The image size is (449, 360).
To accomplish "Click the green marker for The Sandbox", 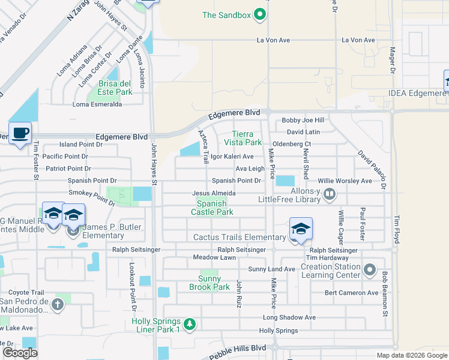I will [x=260, y=15].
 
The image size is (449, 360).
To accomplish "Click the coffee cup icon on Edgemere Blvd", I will [x=20, y=133].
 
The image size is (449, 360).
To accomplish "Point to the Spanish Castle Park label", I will [x=212, y=208].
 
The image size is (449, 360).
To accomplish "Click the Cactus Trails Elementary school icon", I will [x=301, y=229].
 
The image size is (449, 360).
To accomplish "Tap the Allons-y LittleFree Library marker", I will [x=329, y=193].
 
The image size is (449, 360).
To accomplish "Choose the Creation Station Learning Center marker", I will [x=370, y=269].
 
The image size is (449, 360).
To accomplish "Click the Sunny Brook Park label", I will [x=214, y=283].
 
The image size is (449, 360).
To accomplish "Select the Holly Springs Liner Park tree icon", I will [x=190, y=325].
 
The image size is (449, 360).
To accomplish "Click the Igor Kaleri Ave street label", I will [x=232, y=157].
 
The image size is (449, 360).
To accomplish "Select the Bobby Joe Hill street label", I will [x=303, y=121].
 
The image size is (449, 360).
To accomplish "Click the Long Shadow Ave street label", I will [x=289, y=317].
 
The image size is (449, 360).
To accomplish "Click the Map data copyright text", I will [x=411, y=355].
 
